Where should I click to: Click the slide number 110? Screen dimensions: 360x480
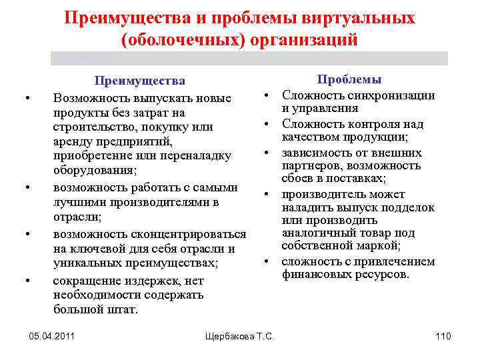(443, 336)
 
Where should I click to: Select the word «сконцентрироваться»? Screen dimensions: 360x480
(188, 235)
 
